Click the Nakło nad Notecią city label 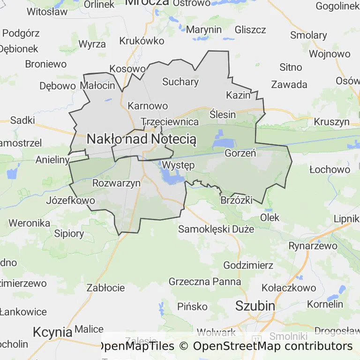point(142,139)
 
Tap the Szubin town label point(255,306)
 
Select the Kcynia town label point(52,332)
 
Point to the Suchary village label point(180,82)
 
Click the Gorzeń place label point(240,153)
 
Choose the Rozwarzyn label point(117,183)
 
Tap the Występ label point(178,165)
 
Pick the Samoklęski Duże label point(216,229)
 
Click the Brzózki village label point(236,200)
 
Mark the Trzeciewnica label point(170,121)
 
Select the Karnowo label point(148,105)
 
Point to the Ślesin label point(222,114)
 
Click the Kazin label point(238,95)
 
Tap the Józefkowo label point(71,201)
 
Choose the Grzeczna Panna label point(205,282)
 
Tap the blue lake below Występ point(171,177)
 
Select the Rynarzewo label point(313,246)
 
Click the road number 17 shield point(256,338)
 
